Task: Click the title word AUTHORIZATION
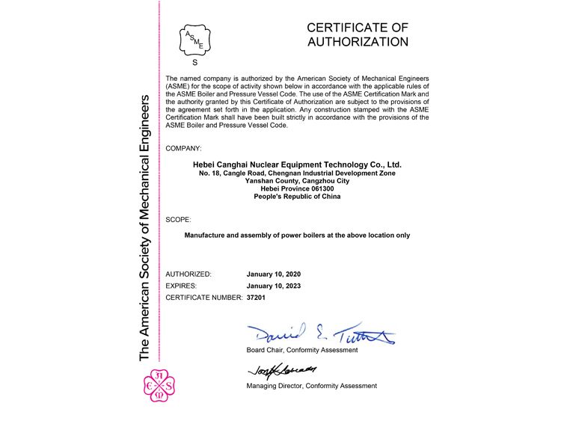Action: point(358,43)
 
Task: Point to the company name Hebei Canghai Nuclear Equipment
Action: point(297,164)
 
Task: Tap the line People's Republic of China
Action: point(297,197)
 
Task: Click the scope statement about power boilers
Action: point(297,236)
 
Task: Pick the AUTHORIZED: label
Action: point(188,274)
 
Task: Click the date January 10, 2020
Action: point(273,274)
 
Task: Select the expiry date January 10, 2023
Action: point(273,286)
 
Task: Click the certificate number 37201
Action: point(256,298)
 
